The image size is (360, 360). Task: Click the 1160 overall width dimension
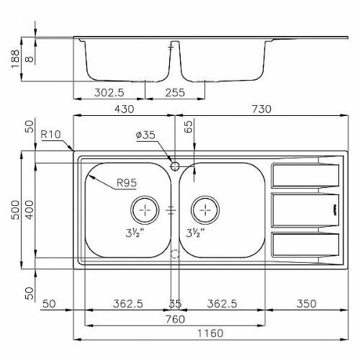click(210, 333)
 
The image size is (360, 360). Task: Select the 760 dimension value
click(175, 319)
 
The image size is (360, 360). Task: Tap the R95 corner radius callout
click(127, 183)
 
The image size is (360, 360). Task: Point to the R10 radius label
click(50, 135)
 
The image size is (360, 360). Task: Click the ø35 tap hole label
click(145, 135)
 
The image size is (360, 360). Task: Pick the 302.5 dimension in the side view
click(109, 92)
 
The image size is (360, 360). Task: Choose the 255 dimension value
click(175, 92)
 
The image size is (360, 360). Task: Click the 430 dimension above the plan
click(124, 109)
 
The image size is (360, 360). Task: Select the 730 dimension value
click(261, 109)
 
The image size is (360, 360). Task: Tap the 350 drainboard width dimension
click(307, 304)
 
